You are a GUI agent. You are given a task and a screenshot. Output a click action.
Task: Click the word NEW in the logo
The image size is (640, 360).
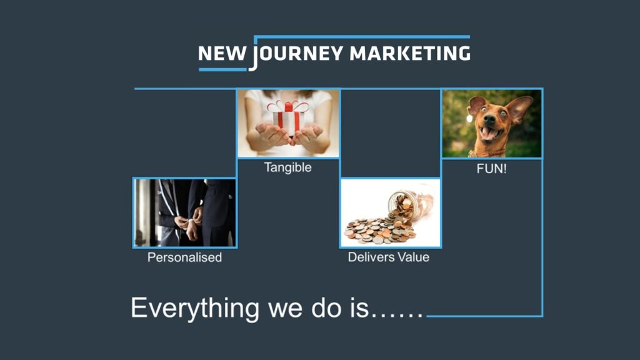[x=222, y=54]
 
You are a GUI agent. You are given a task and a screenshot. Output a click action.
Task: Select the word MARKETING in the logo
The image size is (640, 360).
[x=410, y=54]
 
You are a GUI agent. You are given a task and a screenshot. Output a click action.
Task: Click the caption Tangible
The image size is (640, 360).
[x=287, y=167]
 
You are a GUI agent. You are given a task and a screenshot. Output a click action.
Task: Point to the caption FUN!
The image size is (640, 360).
[x=491, y=169]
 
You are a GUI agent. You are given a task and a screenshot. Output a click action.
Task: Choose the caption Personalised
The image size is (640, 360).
[x=184, y=257]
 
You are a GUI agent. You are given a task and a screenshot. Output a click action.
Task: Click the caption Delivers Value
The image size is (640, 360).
[x=389, y=257]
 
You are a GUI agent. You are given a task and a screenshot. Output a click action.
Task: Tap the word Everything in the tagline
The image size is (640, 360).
[x=195, y=309]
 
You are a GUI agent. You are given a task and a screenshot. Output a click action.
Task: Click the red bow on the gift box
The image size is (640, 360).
[x=288, y=107]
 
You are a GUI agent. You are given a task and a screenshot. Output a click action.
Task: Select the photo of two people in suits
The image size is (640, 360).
[x=185, y=212]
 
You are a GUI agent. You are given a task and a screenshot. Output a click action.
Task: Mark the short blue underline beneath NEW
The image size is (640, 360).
[x=223, y=70]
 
